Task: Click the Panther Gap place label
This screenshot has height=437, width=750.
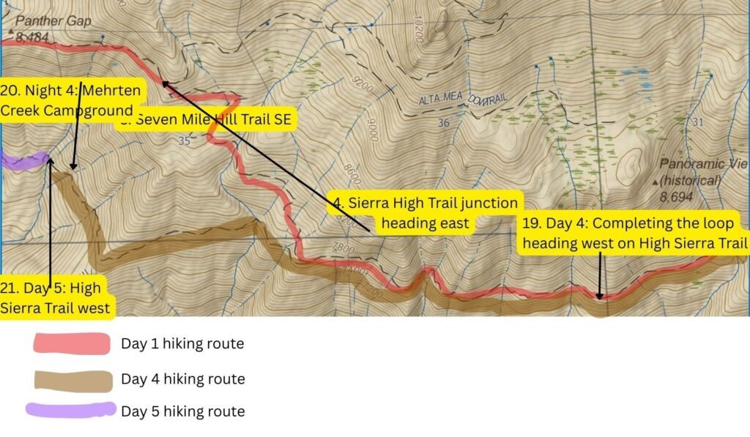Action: click(x=53, y=21)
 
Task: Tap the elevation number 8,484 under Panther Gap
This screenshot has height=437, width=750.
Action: click(x=31, y=37)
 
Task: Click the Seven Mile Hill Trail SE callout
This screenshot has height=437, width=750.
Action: click(x=209, y=120)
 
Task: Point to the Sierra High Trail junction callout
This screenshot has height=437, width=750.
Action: click(x=425, y=212)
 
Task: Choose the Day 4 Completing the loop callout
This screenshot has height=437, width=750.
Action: click(x=635, y=234)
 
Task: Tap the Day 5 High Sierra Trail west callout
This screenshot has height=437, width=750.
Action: click(x=56, y=296)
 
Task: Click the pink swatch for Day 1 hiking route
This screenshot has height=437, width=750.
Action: click(x=71, y=343)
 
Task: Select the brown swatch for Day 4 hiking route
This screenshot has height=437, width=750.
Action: click(x=71, y=378)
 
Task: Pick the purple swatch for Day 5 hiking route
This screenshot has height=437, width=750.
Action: click(x=71, y=410)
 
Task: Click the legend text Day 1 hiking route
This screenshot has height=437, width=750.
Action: click(x=182, y=343)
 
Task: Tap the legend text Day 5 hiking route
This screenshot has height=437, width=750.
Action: click(x=182, y=411)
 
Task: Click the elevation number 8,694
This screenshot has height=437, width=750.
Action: click(x=679, y=197)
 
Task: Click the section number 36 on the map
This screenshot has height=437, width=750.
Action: click(x=443, y=124)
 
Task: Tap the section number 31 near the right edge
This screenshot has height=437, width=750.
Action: click(x=697, y=122)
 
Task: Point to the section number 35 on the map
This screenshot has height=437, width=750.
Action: click(x=184, y=141)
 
